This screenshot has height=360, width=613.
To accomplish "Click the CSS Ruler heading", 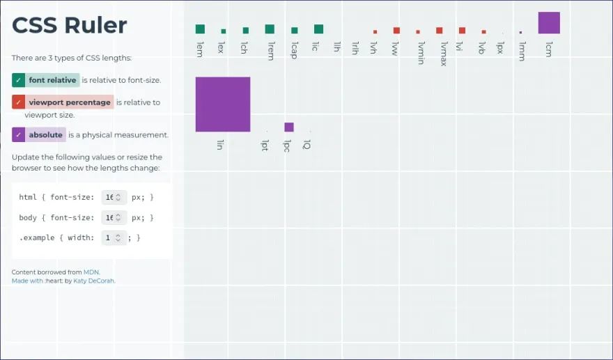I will click(x=70, y=26).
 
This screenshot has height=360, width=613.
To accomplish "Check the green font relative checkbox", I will click(x=19, y=80).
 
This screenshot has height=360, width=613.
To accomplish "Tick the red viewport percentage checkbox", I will click(x=19, y=102).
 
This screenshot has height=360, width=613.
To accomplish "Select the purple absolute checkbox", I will click(x=19, y=134).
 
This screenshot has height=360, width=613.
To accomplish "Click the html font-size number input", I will click(x=114, y=198).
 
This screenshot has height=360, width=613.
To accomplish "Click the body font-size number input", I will click(x=114, y=218).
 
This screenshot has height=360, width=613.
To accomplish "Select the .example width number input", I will click(x=114, y=238).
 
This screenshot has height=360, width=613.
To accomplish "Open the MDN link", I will click(x=91, y=272).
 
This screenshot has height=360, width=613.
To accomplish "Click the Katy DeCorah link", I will click(x=94, y=281).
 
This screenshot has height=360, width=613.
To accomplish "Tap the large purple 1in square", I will click(x=223, y=104).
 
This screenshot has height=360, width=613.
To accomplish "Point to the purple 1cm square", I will click(x=549, y=23).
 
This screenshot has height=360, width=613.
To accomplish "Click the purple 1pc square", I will click(x=289, y=127).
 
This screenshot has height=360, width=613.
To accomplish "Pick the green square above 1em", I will click(x=200, y=29).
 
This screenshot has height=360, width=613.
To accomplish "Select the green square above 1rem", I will click(x=270, y=29).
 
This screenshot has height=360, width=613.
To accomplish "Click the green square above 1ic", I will click(x=318, y=29).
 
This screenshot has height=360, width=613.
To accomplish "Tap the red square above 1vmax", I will click(x=439, y=31).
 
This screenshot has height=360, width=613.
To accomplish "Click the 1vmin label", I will click(x=420, y=52).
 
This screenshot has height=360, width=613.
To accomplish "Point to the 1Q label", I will click(x=307, y=145).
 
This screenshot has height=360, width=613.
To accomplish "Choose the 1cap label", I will click(x=294, y=50).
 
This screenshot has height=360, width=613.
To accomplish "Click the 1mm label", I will click(x=522, y=51).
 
